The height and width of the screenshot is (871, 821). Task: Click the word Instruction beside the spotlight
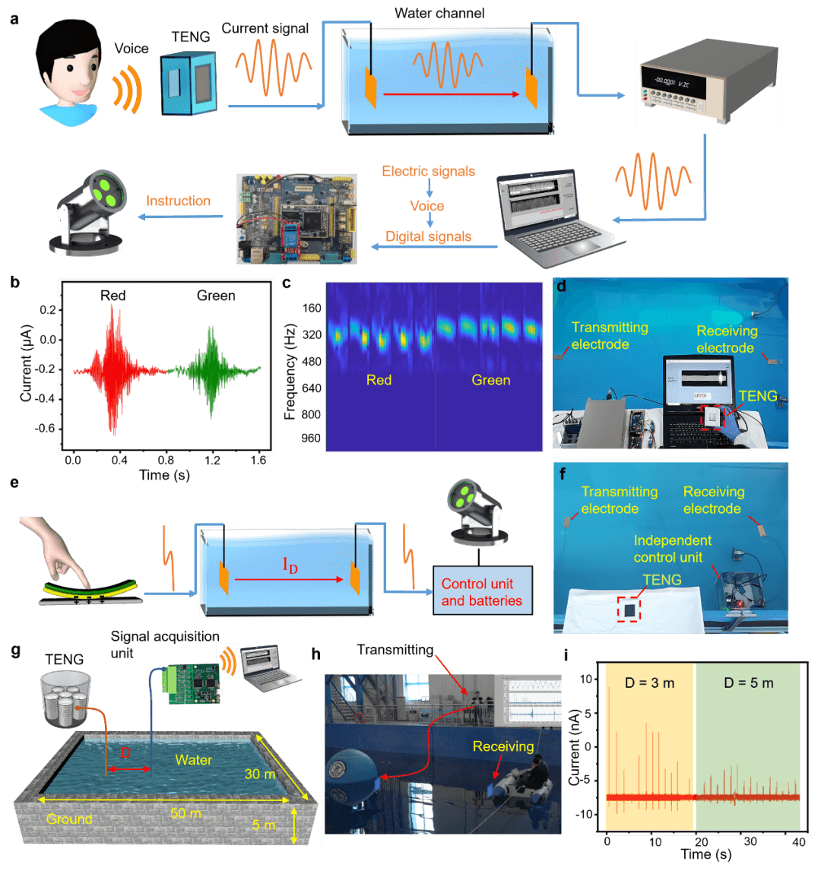point(178,201)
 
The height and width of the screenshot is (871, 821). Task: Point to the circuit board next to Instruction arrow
point(297,219)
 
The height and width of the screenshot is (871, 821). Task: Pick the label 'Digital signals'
point(428,236)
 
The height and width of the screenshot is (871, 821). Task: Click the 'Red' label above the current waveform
point(113,295)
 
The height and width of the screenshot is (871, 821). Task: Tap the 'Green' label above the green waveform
point(216,295)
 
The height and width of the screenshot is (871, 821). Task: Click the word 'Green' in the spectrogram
point(490,380)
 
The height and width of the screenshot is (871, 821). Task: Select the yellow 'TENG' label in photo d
point(758,396)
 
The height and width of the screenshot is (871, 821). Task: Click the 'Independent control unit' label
point(673,549)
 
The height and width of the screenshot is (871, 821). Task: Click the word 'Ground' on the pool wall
point(69,819)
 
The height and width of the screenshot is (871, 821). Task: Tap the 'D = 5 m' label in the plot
point(750,683)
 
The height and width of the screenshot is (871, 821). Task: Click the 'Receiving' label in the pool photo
point(503,746)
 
